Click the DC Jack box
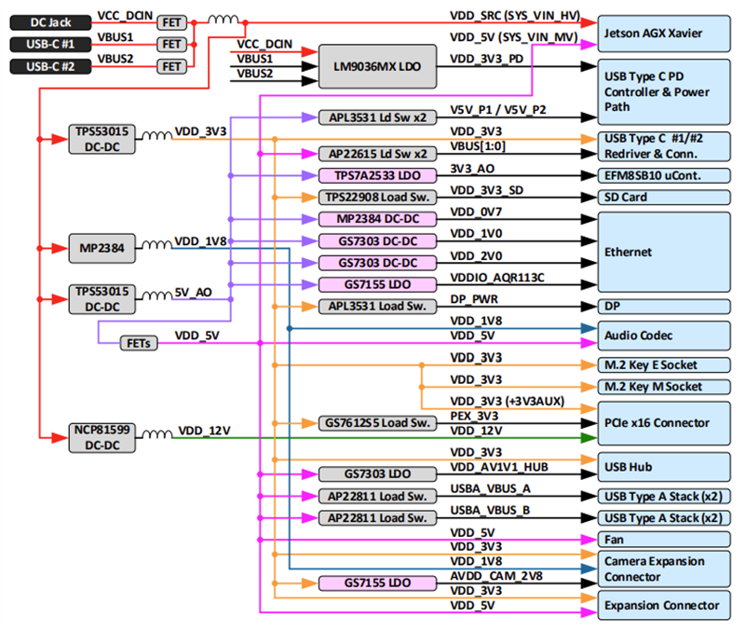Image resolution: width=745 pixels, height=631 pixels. click(x=49, y=21)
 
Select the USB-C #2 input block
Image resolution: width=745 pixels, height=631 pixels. click(x=49, y=66)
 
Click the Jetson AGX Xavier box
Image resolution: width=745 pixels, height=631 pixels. click(x=663, y=33)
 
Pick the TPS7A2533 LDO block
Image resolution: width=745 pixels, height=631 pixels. click(x=376, y=175)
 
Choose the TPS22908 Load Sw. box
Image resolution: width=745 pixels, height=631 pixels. click(x=376, y=198)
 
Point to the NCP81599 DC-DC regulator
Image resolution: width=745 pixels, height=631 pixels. click(x=102, y=437)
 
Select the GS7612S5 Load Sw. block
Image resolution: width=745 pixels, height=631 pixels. click(x=376, y=423)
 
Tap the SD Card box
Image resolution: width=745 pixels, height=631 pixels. click(x=663, y=198)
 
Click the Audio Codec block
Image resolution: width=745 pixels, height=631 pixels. click(x=663, y=335)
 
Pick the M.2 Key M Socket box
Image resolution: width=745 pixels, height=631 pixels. click(x=663, y=386)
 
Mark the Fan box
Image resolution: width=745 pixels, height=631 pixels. click(x=663, y=540)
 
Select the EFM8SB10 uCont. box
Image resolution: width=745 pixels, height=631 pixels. click(x=663, y=174)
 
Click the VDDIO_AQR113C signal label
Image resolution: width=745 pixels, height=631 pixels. click(x=497, y=278)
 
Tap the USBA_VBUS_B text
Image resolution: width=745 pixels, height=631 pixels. click(x=490, y=511)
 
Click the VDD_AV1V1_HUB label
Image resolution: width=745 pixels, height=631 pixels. click(x=495, y=467)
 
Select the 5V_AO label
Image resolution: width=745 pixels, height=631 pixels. click(x=193, y=292)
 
